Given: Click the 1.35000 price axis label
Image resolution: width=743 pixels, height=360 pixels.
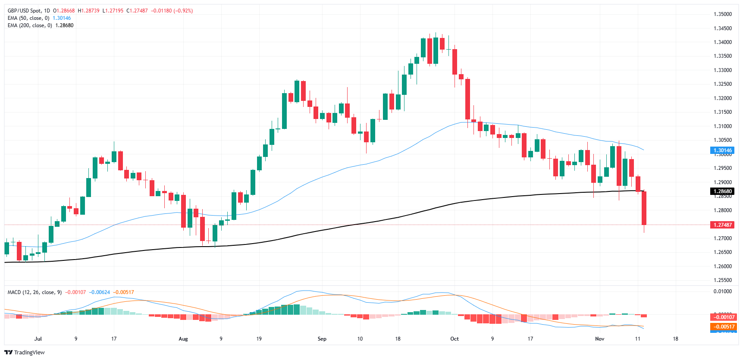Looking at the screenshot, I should [x=722, y=14].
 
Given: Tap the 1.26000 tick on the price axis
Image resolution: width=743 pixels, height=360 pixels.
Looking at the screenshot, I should [x=722, y=266].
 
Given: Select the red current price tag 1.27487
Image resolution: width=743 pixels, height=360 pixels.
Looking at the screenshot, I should [x=722, y=225].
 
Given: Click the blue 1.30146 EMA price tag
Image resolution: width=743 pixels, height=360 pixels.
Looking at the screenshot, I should [x=722, y=150].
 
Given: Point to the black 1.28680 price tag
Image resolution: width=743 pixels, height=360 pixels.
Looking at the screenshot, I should [x=722, y=191].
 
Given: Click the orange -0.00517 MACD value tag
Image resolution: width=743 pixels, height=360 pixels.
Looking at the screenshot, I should [x=722, y=327].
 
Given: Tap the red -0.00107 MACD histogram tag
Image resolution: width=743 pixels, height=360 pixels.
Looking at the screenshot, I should [x=722, y=317].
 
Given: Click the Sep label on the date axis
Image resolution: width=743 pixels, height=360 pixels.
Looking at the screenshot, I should [x=322, y=339].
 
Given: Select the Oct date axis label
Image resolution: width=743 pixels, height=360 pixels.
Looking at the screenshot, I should [x=455, y=339].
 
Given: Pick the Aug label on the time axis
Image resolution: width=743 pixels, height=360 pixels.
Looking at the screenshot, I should [x=183, y=339].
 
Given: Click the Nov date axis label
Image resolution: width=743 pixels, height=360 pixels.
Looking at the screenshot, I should [x=599, y=339].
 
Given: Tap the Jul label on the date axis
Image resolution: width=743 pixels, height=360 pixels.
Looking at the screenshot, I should [x=38, y=339].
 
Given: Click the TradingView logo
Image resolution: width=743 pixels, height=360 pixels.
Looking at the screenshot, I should [x=25, y=352].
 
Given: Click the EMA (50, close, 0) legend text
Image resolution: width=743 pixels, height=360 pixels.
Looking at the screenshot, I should [x=28, y=18].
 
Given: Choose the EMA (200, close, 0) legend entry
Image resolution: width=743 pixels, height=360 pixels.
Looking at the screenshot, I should [x=30, y=25].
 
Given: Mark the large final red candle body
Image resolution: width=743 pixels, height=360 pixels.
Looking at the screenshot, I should [x=644, y=208].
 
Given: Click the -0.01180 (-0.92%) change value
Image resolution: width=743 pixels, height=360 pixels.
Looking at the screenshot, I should [x=172, y=11].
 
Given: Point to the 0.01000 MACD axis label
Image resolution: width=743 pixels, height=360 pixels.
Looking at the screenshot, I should [x=722, y=291].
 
